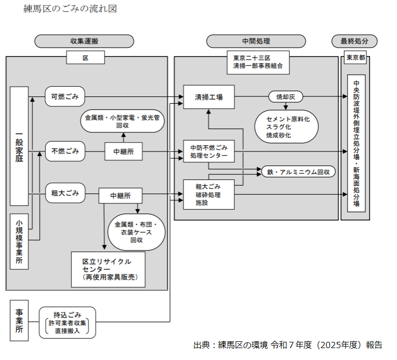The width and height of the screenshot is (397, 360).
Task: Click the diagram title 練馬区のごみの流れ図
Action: [x=70, y=9]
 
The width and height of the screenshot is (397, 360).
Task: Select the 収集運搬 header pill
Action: [x=84, y=41]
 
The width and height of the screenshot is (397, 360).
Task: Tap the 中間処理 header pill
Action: [x=256, y=41]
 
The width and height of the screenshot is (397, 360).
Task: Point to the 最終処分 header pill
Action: [x=355, y=41]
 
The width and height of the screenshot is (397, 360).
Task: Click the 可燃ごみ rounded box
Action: [x=65, y=96]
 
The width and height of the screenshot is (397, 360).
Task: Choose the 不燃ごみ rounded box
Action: [x=65, y=151]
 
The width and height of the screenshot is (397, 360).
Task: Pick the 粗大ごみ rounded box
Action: [x=65, y=193]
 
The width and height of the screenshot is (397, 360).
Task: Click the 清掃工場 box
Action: [x=209, y=97]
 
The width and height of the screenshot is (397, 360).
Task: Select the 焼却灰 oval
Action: [x=286, y=96]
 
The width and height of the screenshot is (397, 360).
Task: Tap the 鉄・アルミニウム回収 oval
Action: [x=298, y=172]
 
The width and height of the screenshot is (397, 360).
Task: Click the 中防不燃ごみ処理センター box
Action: [x=209, y=151]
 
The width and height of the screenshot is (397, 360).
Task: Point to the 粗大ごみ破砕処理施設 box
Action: [x=209, y=195]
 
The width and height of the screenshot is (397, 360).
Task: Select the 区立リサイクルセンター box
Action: [x=108, y=269]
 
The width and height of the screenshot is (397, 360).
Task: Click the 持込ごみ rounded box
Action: [x=67, y=323]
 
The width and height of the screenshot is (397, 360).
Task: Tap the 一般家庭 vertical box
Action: [x=19, y=146]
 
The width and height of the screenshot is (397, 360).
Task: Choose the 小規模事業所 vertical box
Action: [x=19, y=241]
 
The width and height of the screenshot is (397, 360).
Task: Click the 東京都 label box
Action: [x=355, y=58]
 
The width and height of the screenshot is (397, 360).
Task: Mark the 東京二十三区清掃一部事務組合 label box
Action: [x=258, y=62]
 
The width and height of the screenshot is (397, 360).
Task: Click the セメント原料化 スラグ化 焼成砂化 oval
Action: [x=287, y=127]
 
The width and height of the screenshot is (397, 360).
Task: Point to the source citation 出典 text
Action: [x=288, y=345]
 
